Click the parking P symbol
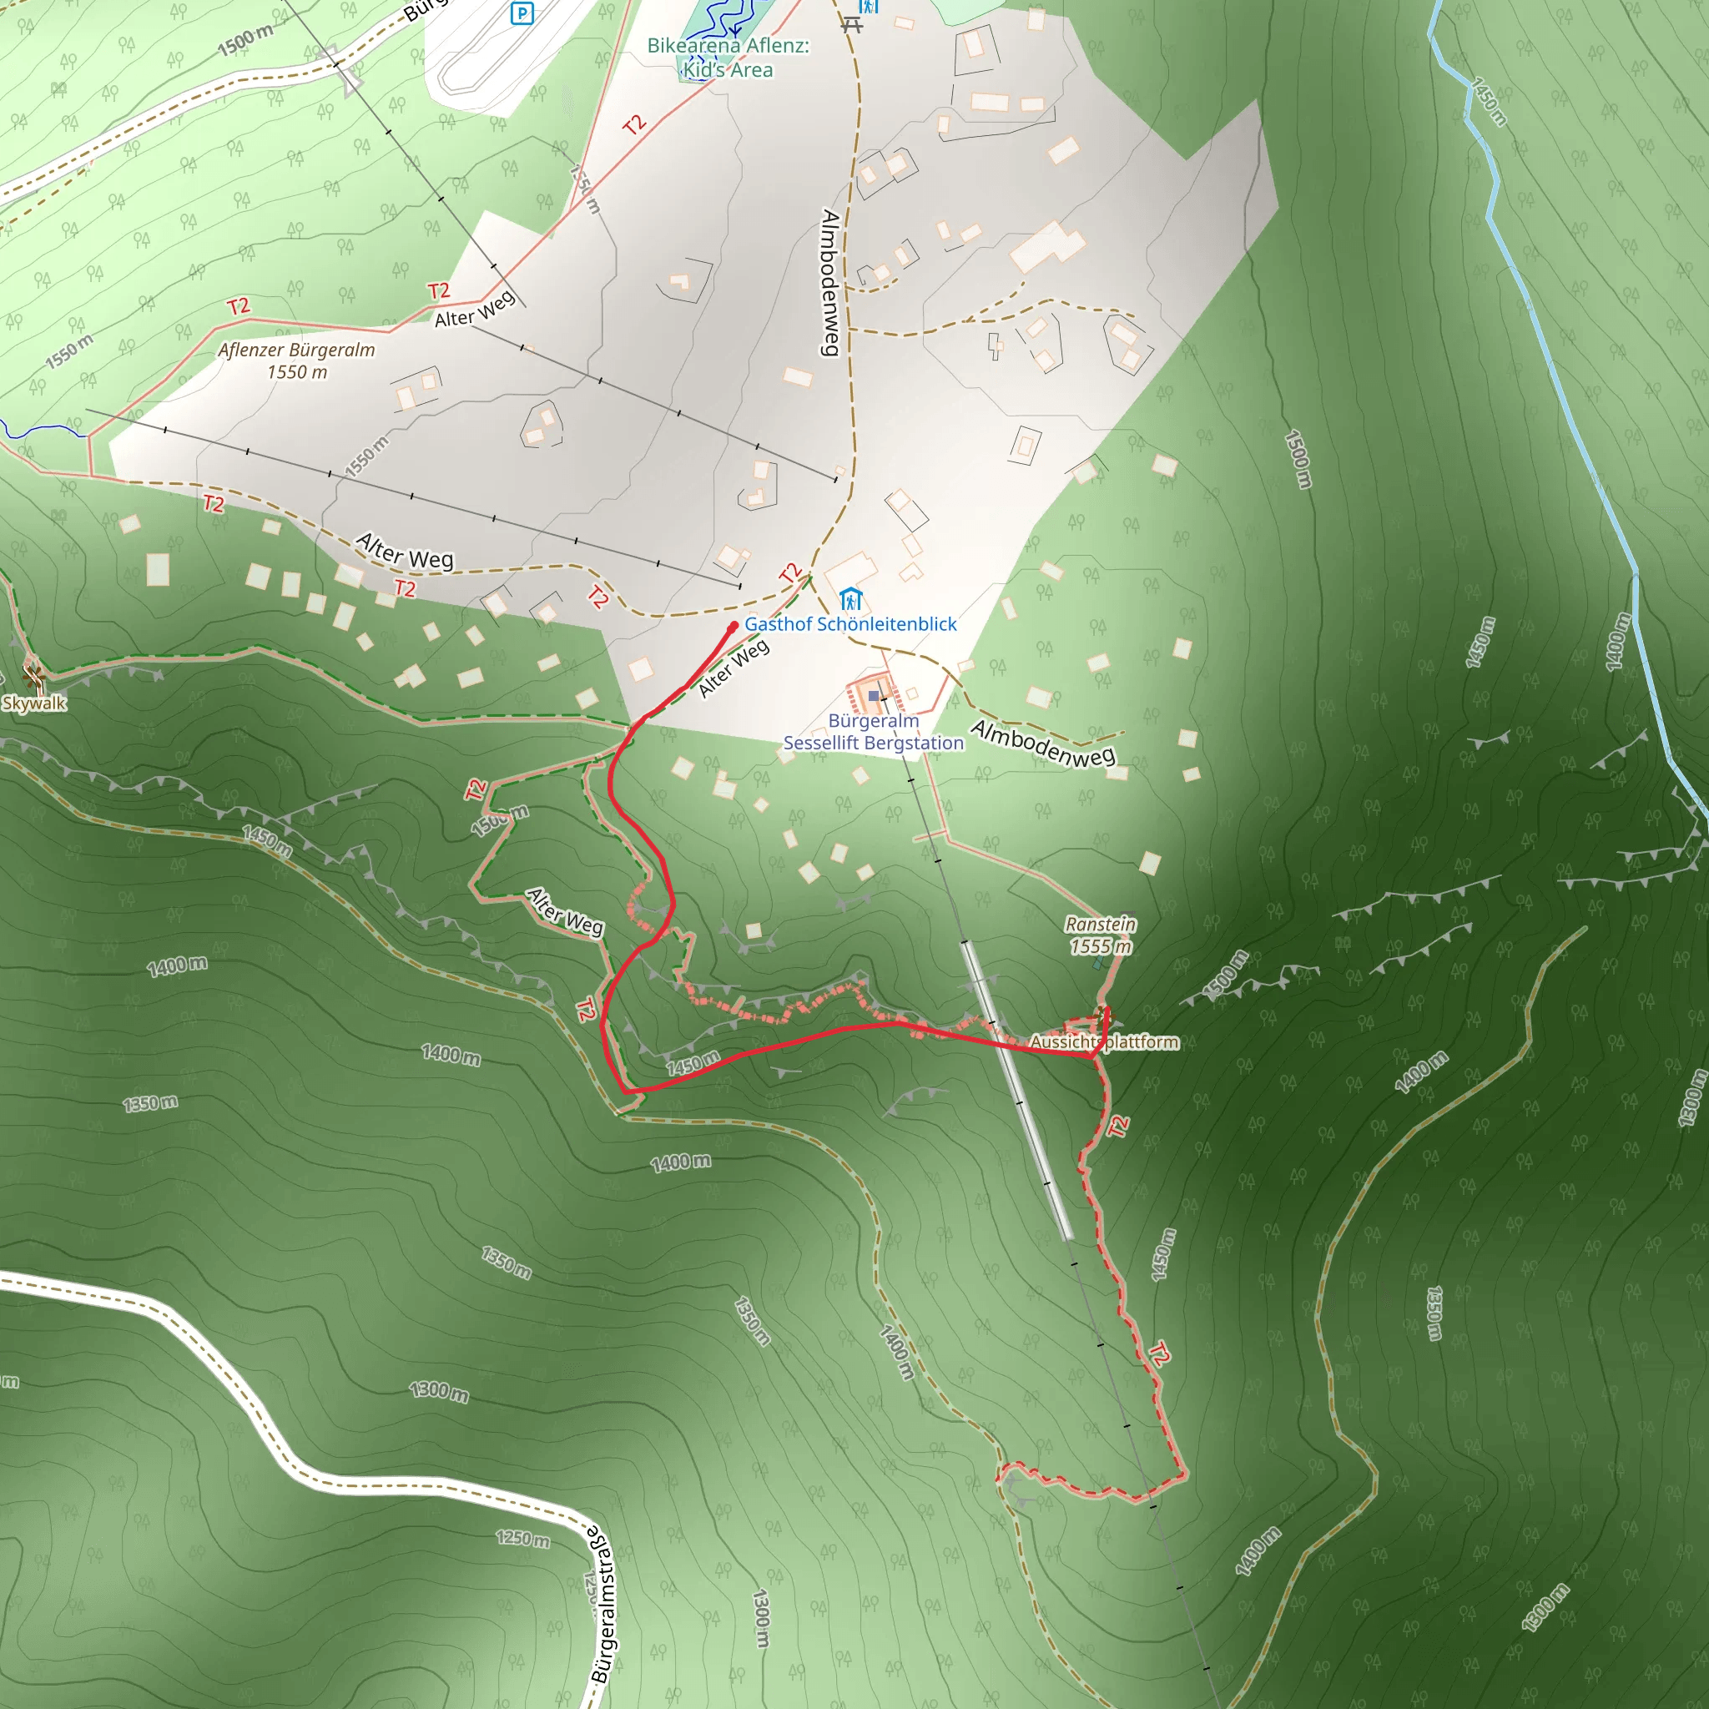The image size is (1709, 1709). [x=522, y=13]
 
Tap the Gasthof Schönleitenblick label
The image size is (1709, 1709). [x=850, y=623]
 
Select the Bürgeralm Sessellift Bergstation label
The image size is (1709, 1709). [x=873, y=732]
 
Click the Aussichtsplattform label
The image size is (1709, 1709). [x=1104, y=1042]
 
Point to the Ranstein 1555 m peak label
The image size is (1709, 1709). [x=1101, y=935]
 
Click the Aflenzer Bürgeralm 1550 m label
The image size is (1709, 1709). [x=297, y=360]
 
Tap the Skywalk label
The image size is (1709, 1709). [x=33, y=703]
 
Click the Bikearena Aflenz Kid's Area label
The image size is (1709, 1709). [x=728, y=58]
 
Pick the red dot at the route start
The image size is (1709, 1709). [x=734, y=627]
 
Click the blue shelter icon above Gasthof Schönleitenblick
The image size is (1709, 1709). [x=850, y=599]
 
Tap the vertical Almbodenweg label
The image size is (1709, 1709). [x=830, y=282]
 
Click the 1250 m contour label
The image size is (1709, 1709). [x=522, y=1538]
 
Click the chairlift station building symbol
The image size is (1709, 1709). [x=874, y=696]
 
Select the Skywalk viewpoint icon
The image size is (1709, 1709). [x=33, y=678]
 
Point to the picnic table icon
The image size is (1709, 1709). [x=852, y=24]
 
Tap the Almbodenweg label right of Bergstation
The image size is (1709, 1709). [x=1043, y=742]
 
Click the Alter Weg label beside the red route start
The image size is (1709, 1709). [x=734, y=668]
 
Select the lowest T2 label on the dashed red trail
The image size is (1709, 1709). [x=1160, y=1354]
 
